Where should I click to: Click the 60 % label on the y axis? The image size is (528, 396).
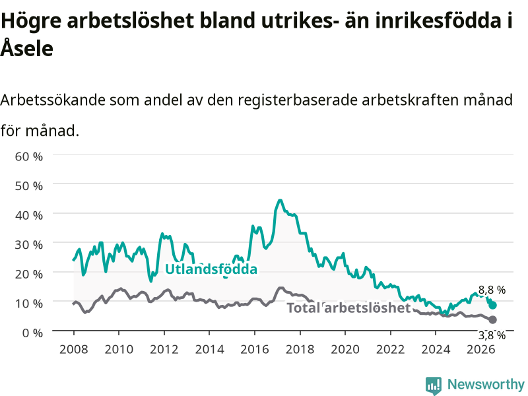pyautogui.click(x=28, y=156)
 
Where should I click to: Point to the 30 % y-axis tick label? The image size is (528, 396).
pyautogui.click(x=28, y=244)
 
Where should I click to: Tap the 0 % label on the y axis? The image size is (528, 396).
pyautogui.click(x=32, y=333)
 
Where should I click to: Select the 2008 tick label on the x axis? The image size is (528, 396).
pyautogui.click(x=73, y=349)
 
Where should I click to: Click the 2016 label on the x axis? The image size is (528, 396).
pyautogui.click(x=255, y=349)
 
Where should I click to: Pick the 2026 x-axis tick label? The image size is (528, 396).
pyautogui.click(x=481, y=349)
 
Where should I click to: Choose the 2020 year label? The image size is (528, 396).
pyautogui.click(x=345, y=349)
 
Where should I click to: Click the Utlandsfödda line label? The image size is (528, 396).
pyautogui.click(x=211, y=269)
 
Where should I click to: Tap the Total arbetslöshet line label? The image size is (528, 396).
pyautogui.click(x=348, y=308)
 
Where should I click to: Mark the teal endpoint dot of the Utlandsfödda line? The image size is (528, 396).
pyautogui.click(x=492, y=305)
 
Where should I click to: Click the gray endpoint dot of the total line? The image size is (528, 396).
pyautogui.click(x=492, y=319)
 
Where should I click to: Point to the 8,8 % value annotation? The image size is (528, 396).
pyautogui.click(x=492, y=290)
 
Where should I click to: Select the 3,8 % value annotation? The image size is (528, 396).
pyautogui.click(x=492, y=335)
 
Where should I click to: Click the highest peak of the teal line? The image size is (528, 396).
pyautogui.click(x=280, y=201)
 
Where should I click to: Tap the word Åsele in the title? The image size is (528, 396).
pyautogui.click(x=27, y=48)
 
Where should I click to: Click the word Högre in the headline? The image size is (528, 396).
pyautogui.click(x=31, y=21)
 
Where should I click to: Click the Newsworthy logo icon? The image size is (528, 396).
pyautogui.click(x=434, y=385)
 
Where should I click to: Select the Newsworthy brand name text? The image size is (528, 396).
pyautogui.click(x=486, y=384)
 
